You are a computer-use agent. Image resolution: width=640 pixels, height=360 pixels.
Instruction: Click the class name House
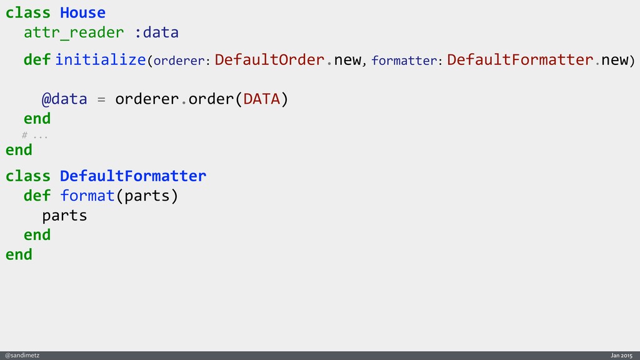(82, 12)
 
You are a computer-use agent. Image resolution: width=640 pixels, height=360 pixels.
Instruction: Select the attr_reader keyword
(74, 32)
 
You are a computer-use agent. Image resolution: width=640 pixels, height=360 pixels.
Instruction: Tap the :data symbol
(156, 32)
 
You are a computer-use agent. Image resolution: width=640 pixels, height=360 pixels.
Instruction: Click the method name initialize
(101, 60)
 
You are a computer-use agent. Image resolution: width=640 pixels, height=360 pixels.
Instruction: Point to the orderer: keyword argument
(181, 61)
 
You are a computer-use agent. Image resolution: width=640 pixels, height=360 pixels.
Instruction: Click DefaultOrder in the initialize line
(269, 60)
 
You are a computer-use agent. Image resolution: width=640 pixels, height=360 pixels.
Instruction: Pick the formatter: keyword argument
(407, 61)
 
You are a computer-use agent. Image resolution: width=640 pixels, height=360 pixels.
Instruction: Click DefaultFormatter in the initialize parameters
(520, 60)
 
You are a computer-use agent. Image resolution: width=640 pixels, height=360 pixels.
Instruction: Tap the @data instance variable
(64, 99)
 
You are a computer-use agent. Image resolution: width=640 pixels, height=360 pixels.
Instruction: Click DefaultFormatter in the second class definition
(133, 176)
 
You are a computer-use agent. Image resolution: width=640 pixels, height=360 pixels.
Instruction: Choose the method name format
(87, 196)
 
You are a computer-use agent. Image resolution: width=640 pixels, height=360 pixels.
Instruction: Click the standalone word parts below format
(64, 216)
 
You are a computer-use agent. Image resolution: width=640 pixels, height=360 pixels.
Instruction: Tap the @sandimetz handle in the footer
(22, 355)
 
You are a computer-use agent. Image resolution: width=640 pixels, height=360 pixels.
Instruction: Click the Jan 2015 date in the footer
(622, 355)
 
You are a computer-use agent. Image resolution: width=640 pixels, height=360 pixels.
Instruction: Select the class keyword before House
(28, 12)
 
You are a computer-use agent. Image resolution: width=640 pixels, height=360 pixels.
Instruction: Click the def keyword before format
(37, 196)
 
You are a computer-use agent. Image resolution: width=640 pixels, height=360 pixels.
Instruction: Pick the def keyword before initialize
(37, 60)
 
